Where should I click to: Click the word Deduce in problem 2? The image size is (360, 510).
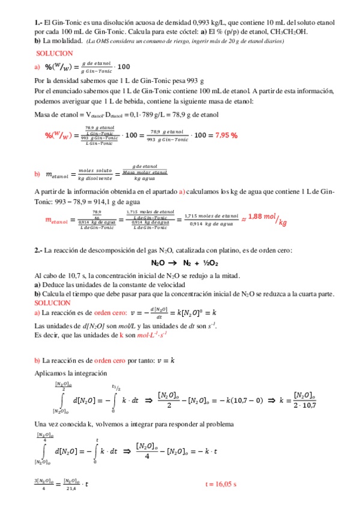[x=53, y=284]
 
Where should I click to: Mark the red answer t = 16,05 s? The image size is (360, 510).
[x=221, y=484]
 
